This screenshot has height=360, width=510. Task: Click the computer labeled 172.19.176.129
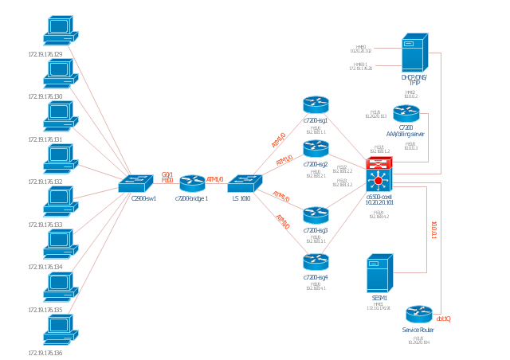(x=60, y=30)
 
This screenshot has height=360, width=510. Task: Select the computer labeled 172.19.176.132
(x=60, y=158)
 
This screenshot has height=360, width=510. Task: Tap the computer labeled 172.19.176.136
(x=60, y=330)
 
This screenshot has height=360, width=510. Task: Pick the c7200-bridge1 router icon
(x=192, y=183)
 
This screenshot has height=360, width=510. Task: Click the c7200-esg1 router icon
(x=316, y=104)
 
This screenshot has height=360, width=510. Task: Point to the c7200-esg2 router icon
(x=316, y=148)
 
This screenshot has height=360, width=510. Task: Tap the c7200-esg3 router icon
(x=316, y=214)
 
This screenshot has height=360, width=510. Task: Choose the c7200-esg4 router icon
(x=316, y=261)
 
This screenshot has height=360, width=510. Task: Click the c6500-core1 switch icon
(x=379, y=175)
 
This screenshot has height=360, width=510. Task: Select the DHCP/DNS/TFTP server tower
(x=414, y=53)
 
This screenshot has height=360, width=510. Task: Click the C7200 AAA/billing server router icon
(x=406, y=113)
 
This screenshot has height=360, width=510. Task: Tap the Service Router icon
(x=418, y=314)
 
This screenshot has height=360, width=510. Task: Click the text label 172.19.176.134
(x=45, y=268)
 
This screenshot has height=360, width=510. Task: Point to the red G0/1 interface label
(x=167, y=174)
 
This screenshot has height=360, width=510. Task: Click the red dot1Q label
(x=444, y=319)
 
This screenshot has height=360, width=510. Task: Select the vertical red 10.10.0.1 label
(x=433, y=230)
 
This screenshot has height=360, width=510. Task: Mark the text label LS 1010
(x=241, y=199)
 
